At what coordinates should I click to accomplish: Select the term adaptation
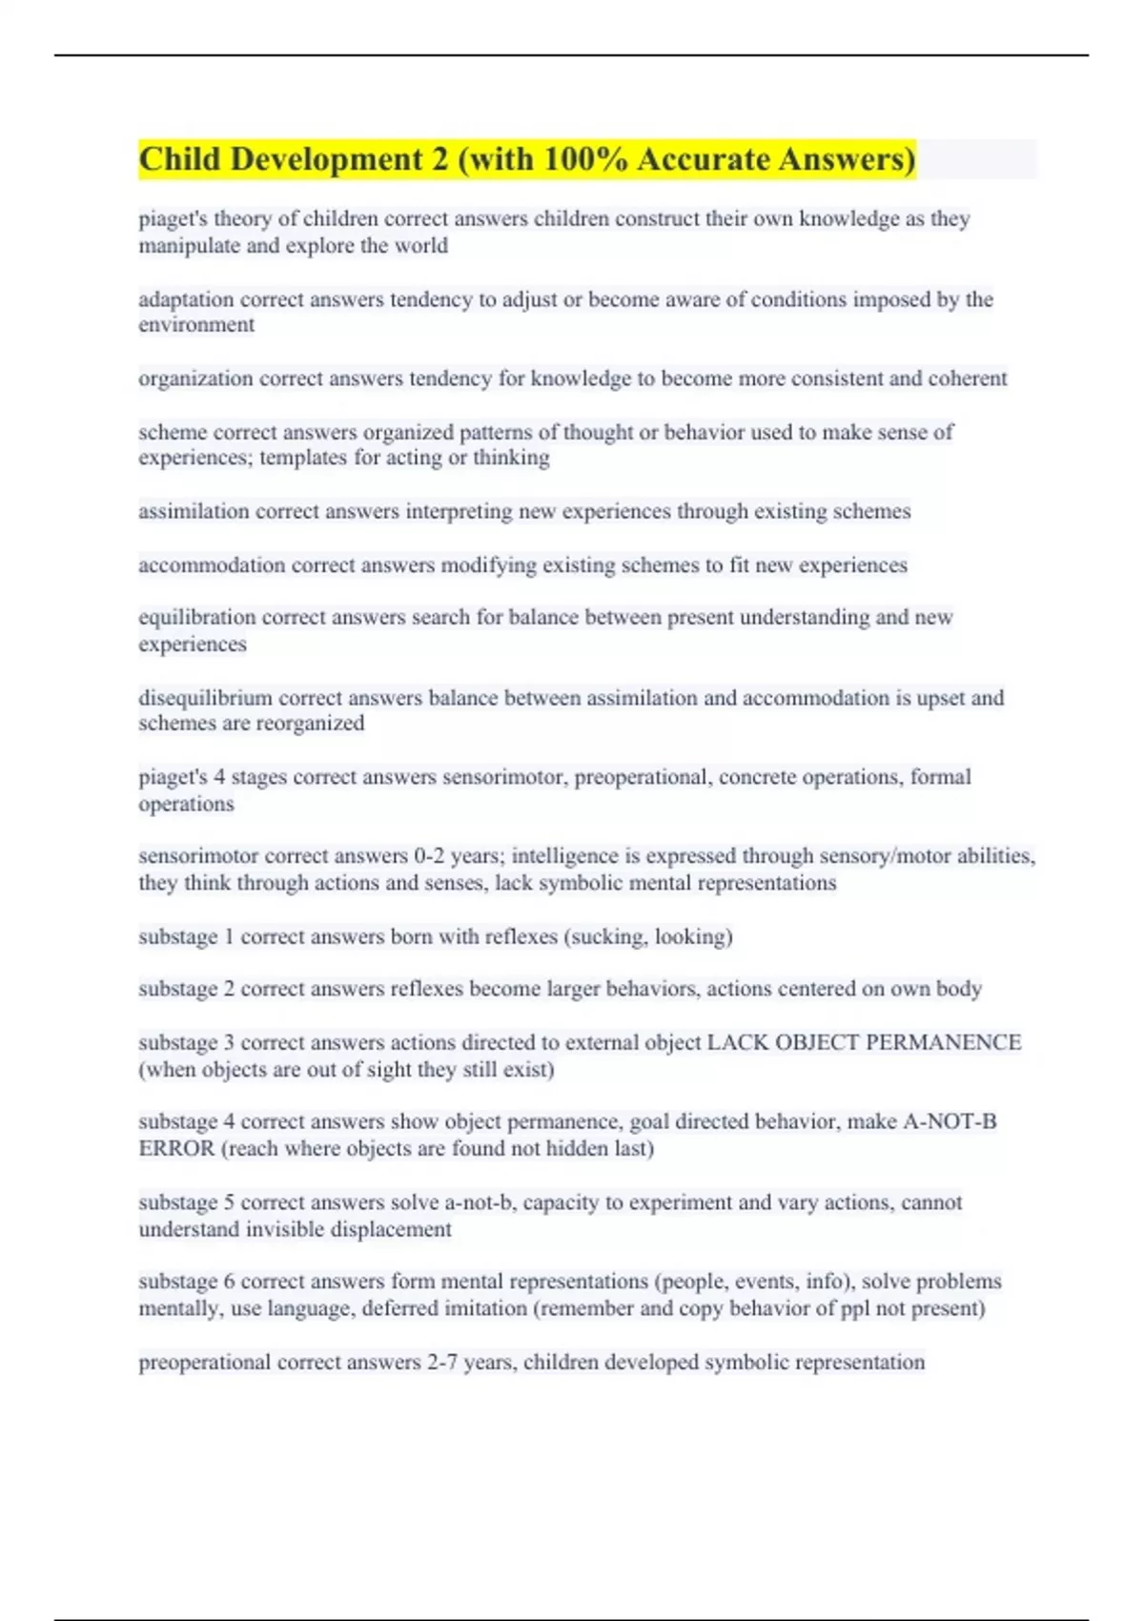[187, 299]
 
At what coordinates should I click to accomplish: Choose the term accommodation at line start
[212, 565]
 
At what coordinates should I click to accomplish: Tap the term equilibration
[197, 617]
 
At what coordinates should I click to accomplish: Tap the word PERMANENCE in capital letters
[943, 1042]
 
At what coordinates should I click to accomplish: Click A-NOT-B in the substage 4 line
[949, 1121]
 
